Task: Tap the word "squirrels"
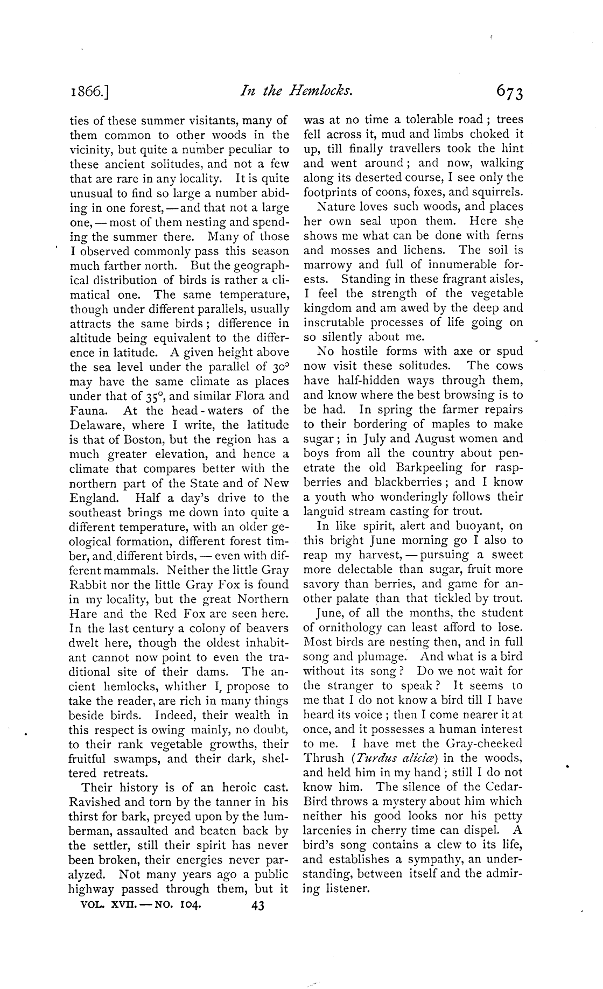[x=495, y=192]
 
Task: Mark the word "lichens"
[x=427, y=250]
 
